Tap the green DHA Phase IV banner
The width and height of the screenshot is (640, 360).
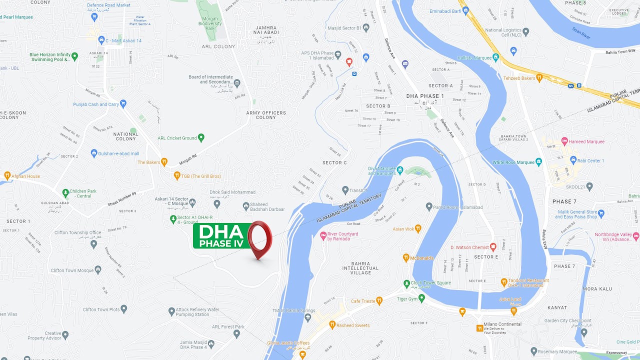tap(220, 236)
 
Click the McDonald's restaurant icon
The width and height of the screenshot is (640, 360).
tap(406, 258)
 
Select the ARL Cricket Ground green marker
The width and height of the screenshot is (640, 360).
tap(201, 137)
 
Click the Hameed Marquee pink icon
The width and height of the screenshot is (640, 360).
tap(564, 141)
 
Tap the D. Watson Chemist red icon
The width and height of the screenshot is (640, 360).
tap(493, 247)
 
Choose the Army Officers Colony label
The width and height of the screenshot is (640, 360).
tap(266, 115)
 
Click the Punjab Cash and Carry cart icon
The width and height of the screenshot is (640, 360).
tap(123, 104)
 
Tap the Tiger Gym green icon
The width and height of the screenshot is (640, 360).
tap(421, 298)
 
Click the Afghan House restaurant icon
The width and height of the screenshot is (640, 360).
tap(7, 176)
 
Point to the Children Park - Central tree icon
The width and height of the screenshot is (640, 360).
tap(65, 192)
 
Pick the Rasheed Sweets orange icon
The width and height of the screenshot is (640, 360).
tap(332, 325)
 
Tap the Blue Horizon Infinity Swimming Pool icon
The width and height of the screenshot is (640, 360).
tap(74, 56)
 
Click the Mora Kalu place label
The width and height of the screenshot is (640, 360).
tap(597, 289)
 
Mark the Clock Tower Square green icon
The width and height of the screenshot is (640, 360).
tap(406, 283)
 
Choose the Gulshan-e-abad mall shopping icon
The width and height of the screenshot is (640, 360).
tap(93, 153)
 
